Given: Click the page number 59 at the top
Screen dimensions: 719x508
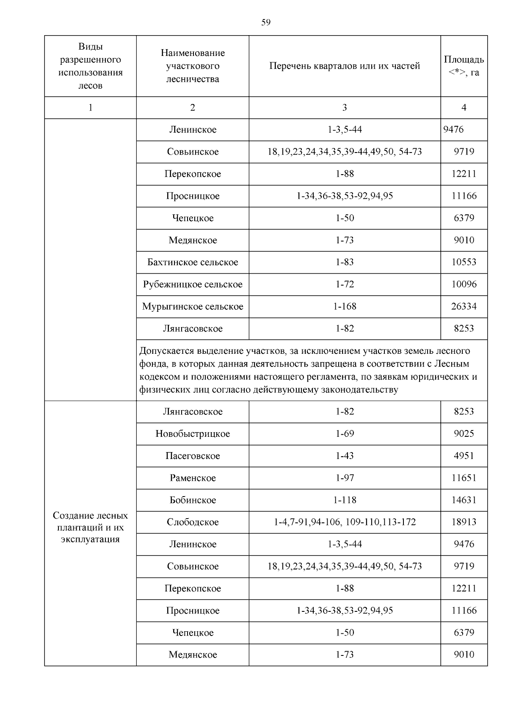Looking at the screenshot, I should pos(266,22).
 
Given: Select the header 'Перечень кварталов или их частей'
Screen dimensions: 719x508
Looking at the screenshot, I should pos(345,66).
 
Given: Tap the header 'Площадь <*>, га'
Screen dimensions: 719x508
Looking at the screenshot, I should pos(464,66).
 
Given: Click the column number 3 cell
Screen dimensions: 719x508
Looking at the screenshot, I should pos(345,108).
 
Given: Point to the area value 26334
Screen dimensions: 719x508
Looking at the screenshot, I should pos(464,306).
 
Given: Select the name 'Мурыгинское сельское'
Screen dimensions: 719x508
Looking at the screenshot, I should pos(193,306).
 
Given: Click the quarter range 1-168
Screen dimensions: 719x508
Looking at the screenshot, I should pos(345,306).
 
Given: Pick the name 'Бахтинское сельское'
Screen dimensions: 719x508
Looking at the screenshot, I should pos(193,262).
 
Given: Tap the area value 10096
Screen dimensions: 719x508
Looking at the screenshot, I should pos(464,284).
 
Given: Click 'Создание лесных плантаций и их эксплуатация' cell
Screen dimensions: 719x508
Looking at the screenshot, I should pos(90,527).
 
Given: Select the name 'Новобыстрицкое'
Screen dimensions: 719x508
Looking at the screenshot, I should pos(193,434).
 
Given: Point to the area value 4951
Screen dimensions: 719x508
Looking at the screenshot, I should pos(464,456).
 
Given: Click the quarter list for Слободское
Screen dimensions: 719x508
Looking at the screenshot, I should pos(345,522).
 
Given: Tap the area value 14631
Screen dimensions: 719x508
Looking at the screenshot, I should pos(464,500).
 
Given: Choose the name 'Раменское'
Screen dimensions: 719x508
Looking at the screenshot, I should pos(193,478).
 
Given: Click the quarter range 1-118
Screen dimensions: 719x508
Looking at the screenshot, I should pos(345,500).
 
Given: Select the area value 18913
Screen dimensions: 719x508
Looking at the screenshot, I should pos(464,522).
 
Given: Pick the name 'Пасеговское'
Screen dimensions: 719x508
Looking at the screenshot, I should pos(193,456).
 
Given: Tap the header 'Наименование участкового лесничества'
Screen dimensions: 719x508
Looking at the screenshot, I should pos(193,66).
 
